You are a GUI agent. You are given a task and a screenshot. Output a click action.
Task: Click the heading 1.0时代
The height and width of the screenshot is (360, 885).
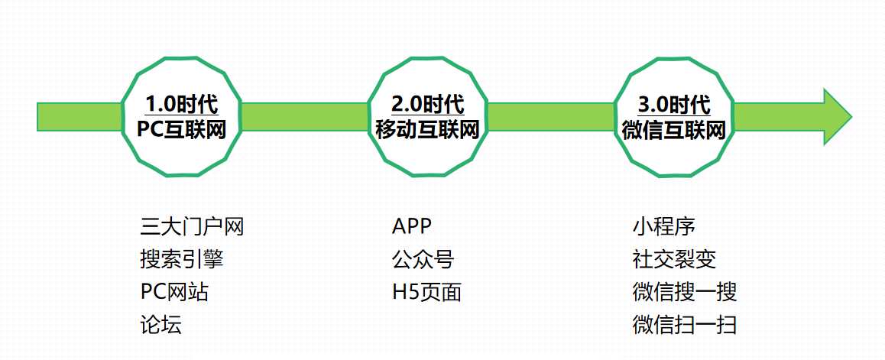[x=182, y=104]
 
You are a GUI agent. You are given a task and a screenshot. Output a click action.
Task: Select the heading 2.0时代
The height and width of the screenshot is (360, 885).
[x=427, y=104]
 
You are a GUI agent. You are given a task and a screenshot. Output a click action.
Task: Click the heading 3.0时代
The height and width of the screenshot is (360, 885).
[x=673, y=104]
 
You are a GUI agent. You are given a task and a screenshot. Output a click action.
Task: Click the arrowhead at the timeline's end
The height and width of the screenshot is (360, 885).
[x=836, y=116]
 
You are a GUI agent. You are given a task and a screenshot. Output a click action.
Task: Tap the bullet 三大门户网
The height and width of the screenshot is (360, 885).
[x=192, y=227]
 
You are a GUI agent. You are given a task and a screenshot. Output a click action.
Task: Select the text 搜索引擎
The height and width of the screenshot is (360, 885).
[x=182, y=260]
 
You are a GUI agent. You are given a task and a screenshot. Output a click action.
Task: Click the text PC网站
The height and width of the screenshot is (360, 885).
[x=174, y=292]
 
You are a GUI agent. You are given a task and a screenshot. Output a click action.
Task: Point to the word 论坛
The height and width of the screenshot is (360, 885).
[x=160, y=325]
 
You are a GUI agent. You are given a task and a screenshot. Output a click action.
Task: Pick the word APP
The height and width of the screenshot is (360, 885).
[x=412, y=227]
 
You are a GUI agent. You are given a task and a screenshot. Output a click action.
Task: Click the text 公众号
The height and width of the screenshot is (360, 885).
[x=423, y=260]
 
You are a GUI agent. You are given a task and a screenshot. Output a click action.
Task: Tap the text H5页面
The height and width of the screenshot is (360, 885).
[x=426, y=292]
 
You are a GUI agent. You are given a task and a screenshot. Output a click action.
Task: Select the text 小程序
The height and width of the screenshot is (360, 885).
[x=663, y=227]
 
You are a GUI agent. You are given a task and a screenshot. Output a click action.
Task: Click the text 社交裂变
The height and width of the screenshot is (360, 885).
[x=674, y=260]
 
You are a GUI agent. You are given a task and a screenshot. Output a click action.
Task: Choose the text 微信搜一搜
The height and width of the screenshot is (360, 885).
[x=684, y=292]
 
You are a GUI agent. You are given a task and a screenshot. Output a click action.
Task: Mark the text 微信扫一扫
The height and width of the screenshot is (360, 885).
[x=684, y=325]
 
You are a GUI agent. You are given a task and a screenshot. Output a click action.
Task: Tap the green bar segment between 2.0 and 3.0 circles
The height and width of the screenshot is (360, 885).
[x=550, y=116]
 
